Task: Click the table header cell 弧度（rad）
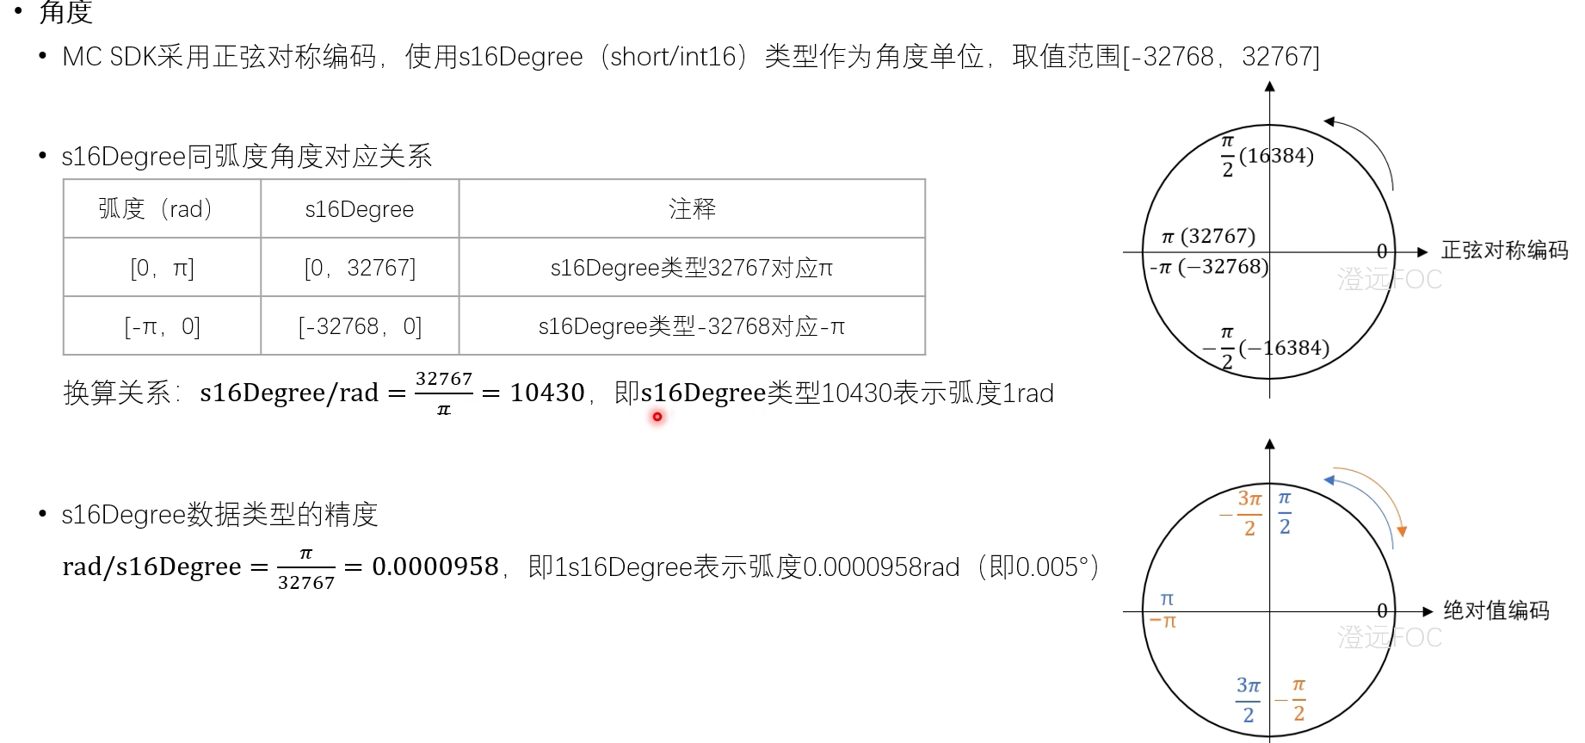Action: click(x=162, y=209)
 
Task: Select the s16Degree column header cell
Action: click(x=360, y=209)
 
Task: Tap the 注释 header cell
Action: click(x=692, y=209)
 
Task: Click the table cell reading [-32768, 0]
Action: click(x=360, y=326)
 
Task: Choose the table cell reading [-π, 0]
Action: click(x=162, y=326)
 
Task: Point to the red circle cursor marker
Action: click(x=657, y=417)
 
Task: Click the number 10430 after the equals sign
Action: click(x=547, y=393)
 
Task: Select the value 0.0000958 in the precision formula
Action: click(x=435, y=567)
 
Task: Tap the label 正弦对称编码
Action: click(x=1504, y=251)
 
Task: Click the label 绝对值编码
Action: click(x=1496, y=610)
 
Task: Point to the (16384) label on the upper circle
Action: click(x=1276, y=156)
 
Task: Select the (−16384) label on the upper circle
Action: click(x=1284, y=348)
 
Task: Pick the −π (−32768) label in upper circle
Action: click(x=1209, y=267)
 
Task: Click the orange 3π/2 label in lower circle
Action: click(x=1249, y=513)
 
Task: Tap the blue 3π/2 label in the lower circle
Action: click(x=1248, y=699)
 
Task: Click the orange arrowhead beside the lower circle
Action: click(x=1402, y=531)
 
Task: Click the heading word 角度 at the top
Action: click(x=66, y=12)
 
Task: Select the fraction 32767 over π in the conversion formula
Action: click(x=444, y=393)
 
